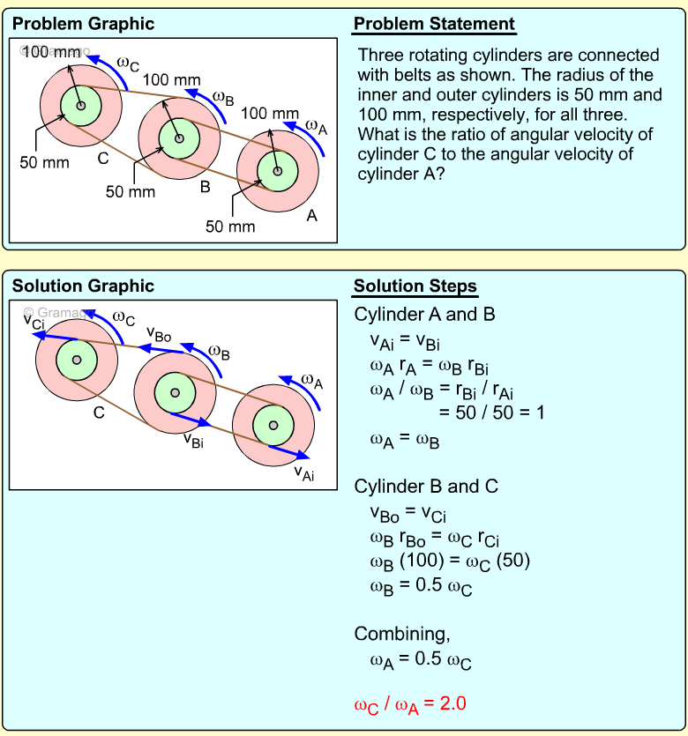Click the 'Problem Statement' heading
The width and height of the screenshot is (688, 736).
(434, 24)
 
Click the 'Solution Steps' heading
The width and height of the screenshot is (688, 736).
(415, 286)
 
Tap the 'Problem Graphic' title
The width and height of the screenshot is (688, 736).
(83, 24)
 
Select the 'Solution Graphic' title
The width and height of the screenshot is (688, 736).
(83, 286)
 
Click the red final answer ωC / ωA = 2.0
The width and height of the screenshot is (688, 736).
(409, 704)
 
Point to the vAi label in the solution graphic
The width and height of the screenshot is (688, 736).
(304, 474)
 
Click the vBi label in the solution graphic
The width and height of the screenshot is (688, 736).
(194, 440)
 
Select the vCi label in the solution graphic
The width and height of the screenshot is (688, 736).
(34, 320)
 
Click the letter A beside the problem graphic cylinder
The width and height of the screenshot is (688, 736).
(311, 216)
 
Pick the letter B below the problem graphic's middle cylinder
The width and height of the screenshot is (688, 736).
(205, 187)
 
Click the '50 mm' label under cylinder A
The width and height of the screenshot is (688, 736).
(230, 227)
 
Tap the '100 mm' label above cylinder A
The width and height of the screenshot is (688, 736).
(269, 113)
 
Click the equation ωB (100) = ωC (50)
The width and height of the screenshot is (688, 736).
(450, 561)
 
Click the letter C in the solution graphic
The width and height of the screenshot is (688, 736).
(99, 412)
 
